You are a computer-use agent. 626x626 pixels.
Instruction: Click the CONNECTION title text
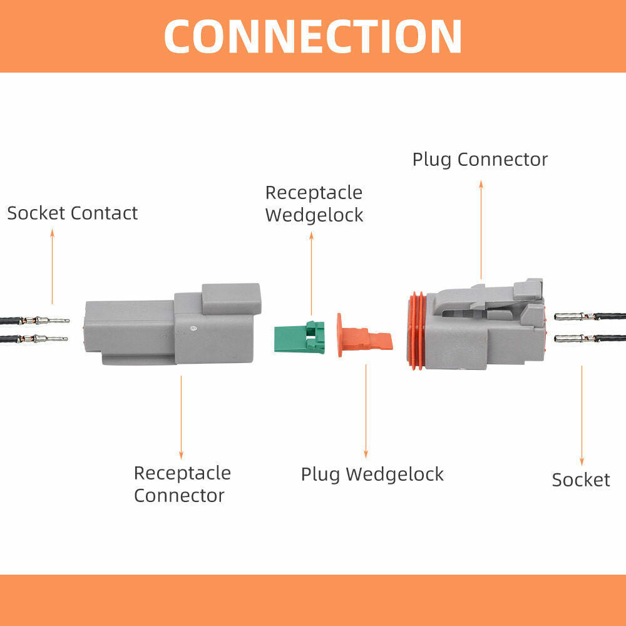tap(313, 36)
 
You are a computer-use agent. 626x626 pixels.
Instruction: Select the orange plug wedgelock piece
tap(363, 338)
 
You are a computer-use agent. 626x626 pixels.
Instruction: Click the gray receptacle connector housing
tap(172, 329)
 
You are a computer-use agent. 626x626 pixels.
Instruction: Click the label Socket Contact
tap(72, 213)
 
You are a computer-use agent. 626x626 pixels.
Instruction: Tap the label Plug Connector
tap(480, 160)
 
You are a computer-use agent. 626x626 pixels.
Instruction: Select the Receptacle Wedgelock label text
tap(314, 203)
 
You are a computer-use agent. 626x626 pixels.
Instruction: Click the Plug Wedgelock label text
tap(372, 474)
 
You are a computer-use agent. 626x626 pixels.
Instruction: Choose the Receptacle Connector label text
tap(182, 484)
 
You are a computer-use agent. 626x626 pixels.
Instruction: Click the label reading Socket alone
tap(580, 480)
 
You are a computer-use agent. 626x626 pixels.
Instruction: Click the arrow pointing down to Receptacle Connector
tap(182, 416)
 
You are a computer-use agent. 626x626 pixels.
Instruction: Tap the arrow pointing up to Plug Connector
tap(481, 228)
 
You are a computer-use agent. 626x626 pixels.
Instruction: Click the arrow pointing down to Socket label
tap(582, 416)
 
